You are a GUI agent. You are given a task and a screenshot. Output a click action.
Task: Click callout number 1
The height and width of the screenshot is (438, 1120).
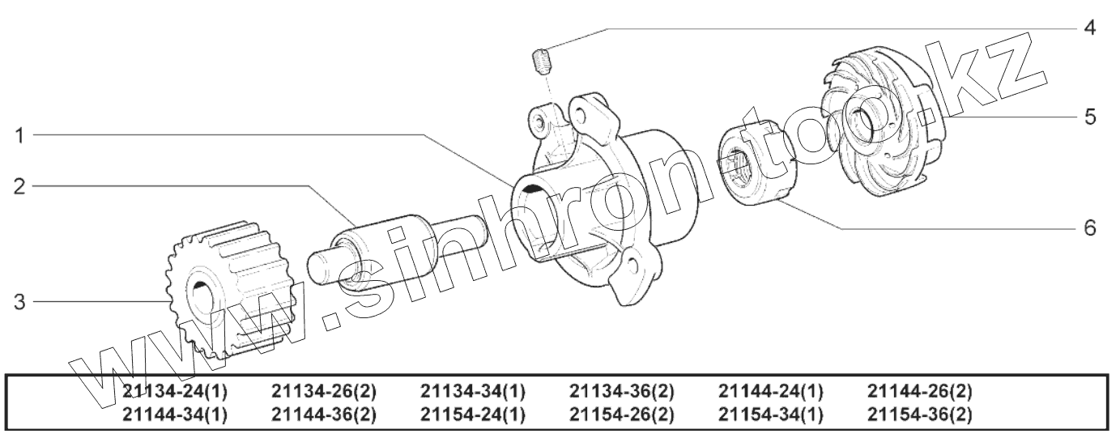19,135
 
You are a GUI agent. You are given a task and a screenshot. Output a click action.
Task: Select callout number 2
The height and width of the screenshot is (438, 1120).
19,187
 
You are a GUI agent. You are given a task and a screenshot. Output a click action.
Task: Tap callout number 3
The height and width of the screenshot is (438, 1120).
19,302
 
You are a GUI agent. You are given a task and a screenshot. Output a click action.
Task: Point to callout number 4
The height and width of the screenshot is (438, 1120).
1090,28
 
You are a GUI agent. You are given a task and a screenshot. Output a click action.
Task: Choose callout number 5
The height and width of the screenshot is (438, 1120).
1090,117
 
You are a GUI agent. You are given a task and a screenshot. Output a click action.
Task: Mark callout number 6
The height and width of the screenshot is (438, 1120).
1090,228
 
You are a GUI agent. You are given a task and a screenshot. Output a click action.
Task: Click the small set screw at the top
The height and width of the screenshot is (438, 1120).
541,62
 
